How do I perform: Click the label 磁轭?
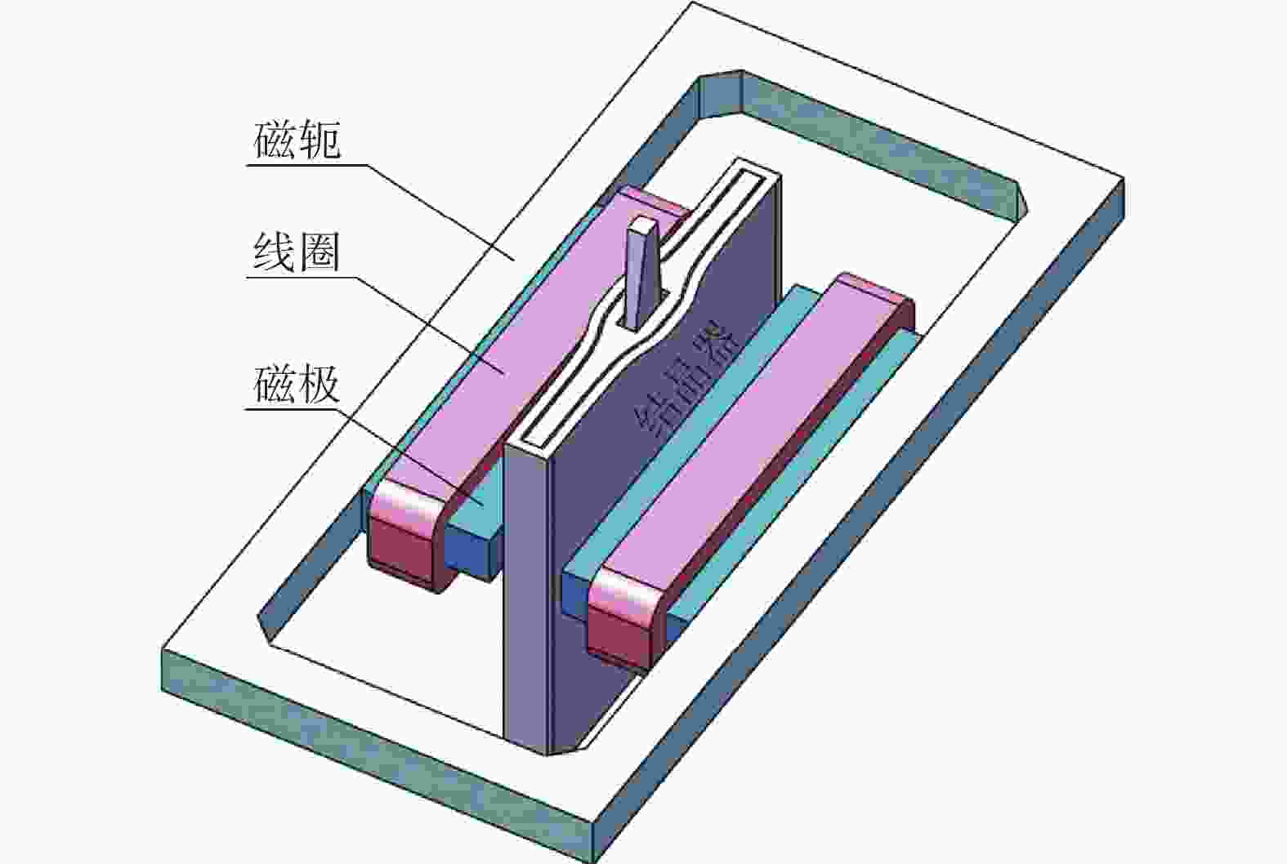(297, 140)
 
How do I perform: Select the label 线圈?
(297, 253)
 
